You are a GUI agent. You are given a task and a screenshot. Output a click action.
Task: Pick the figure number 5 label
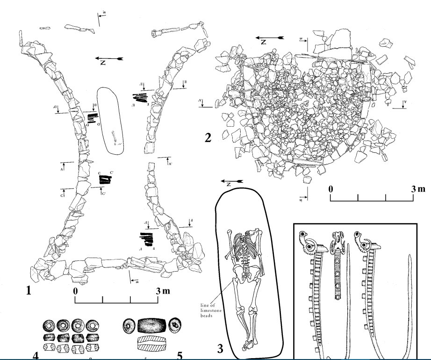click(x=180, y=355)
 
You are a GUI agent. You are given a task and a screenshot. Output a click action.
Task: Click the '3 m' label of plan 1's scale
click(x=163, y=291)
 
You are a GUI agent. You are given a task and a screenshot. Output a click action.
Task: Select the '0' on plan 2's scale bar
click(x=330, y=189)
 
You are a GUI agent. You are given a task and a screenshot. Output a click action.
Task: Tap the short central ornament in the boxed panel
click(x=337, y=264)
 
